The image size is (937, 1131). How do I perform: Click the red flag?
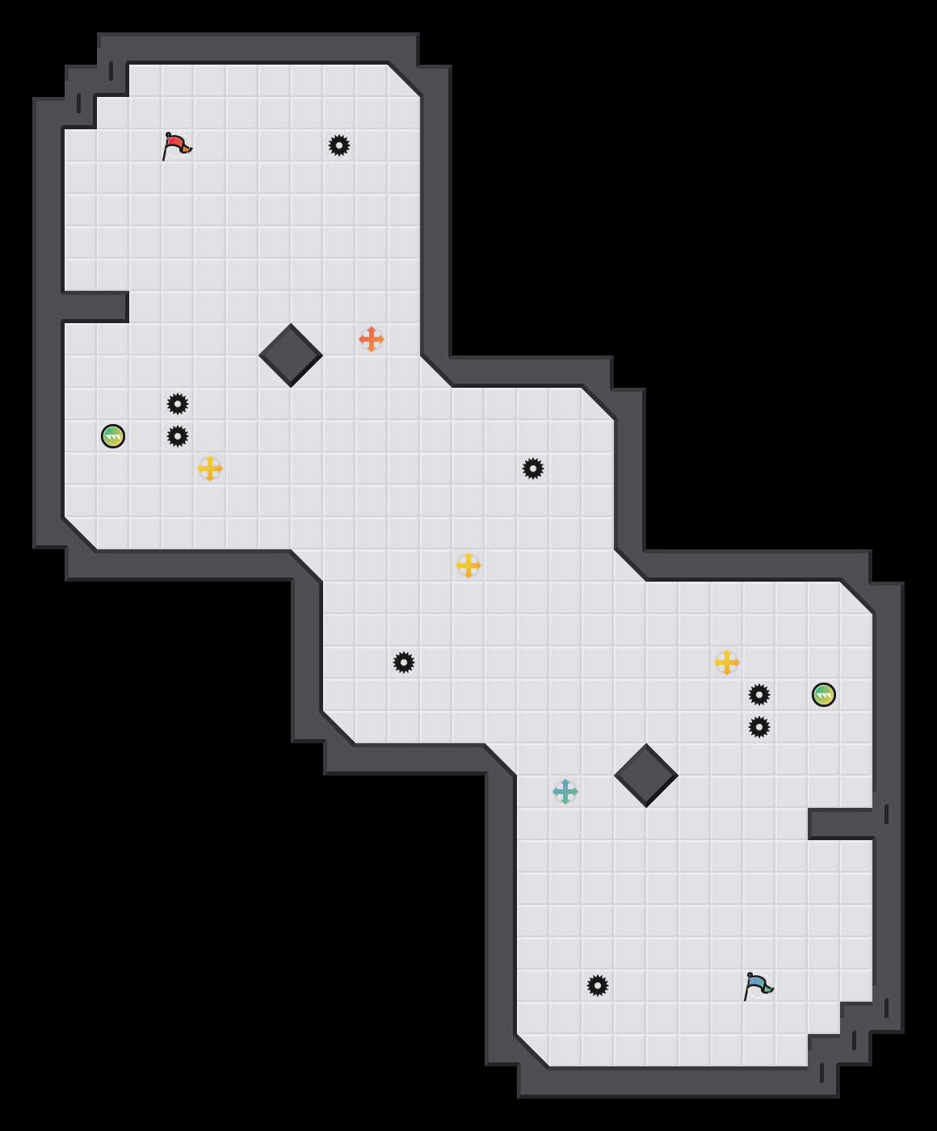tap(176, 146)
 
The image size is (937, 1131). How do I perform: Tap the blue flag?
tap(758, 986)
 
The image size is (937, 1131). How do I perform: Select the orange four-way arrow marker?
tap(372, 339)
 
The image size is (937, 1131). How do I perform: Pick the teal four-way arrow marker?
tap(565, 792)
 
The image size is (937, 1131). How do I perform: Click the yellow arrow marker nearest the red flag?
tap(210, 469)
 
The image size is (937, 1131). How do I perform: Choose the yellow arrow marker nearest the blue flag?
tap(727, 662)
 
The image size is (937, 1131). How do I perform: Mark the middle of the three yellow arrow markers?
tap(468, 565)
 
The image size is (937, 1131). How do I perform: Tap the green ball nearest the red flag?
tap(113, 436)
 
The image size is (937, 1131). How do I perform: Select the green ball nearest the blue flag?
tap(824, 695)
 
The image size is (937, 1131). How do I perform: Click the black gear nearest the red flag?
tap(339, 145)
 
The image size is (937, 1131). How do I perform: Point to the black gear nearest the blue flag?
tap(598, 986)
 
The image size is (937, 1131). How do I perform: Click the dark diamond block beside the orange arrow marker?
tap(291, 355)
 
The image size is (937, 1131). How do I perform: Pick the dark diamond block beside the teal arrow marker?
tap(646, 776)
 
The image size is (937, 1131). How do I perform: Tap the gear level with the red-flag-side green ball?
tap(178, 436)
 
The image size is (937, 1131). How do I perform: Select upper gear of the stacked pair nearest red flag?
tap(178, 404)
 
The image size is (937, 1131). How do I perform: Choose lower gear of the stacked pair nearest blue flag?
tap(759, 727)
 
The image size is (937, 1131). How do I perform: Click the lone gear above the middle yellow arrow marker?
tap(533, 469)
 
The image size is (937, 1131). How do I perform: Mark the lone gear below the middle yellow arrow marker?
tap(404, 662)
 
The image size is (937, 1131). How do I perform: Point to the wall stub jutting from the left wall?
tap(95, 307)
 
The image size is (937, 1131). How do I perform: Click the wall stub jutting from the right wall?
tap(842, 824)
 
